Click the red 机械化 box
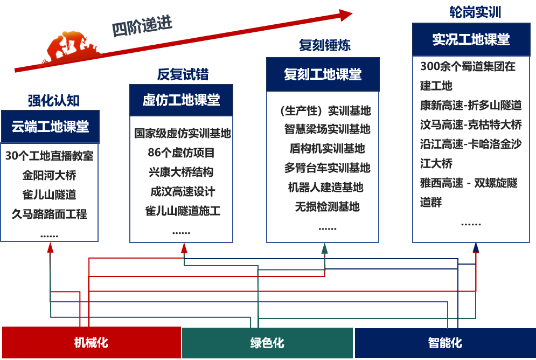tap(91, 342)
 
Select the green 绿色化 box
tap(267, 343)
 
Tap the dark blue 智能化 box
tap(445, 343)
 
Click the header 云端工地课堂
tap(50, 127)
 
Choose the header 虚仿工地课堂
tap(181, 100)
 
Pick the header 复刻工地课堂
tap(323, 74)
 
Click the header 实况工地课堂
tap(471, 39)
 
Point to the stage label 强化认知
tap(54, 101)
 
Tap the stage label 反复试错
tap(183, 74)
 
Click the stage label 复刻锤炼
tap(325, 45)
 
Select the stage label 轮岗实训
tap(475, 12)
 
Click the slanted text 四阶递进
tap(142, 26)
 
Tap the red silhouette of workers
tap(73, 46)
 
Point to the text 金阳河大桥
tap(49, 175)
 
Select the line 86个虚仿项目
tap(181, 152)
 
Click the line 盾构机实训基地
tap(327, 148)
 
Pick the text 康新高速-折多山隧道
tap(471, 105)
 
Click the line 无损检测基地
tap(327, 206)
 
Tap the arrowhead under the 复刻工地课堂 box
tap(325, 248)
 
